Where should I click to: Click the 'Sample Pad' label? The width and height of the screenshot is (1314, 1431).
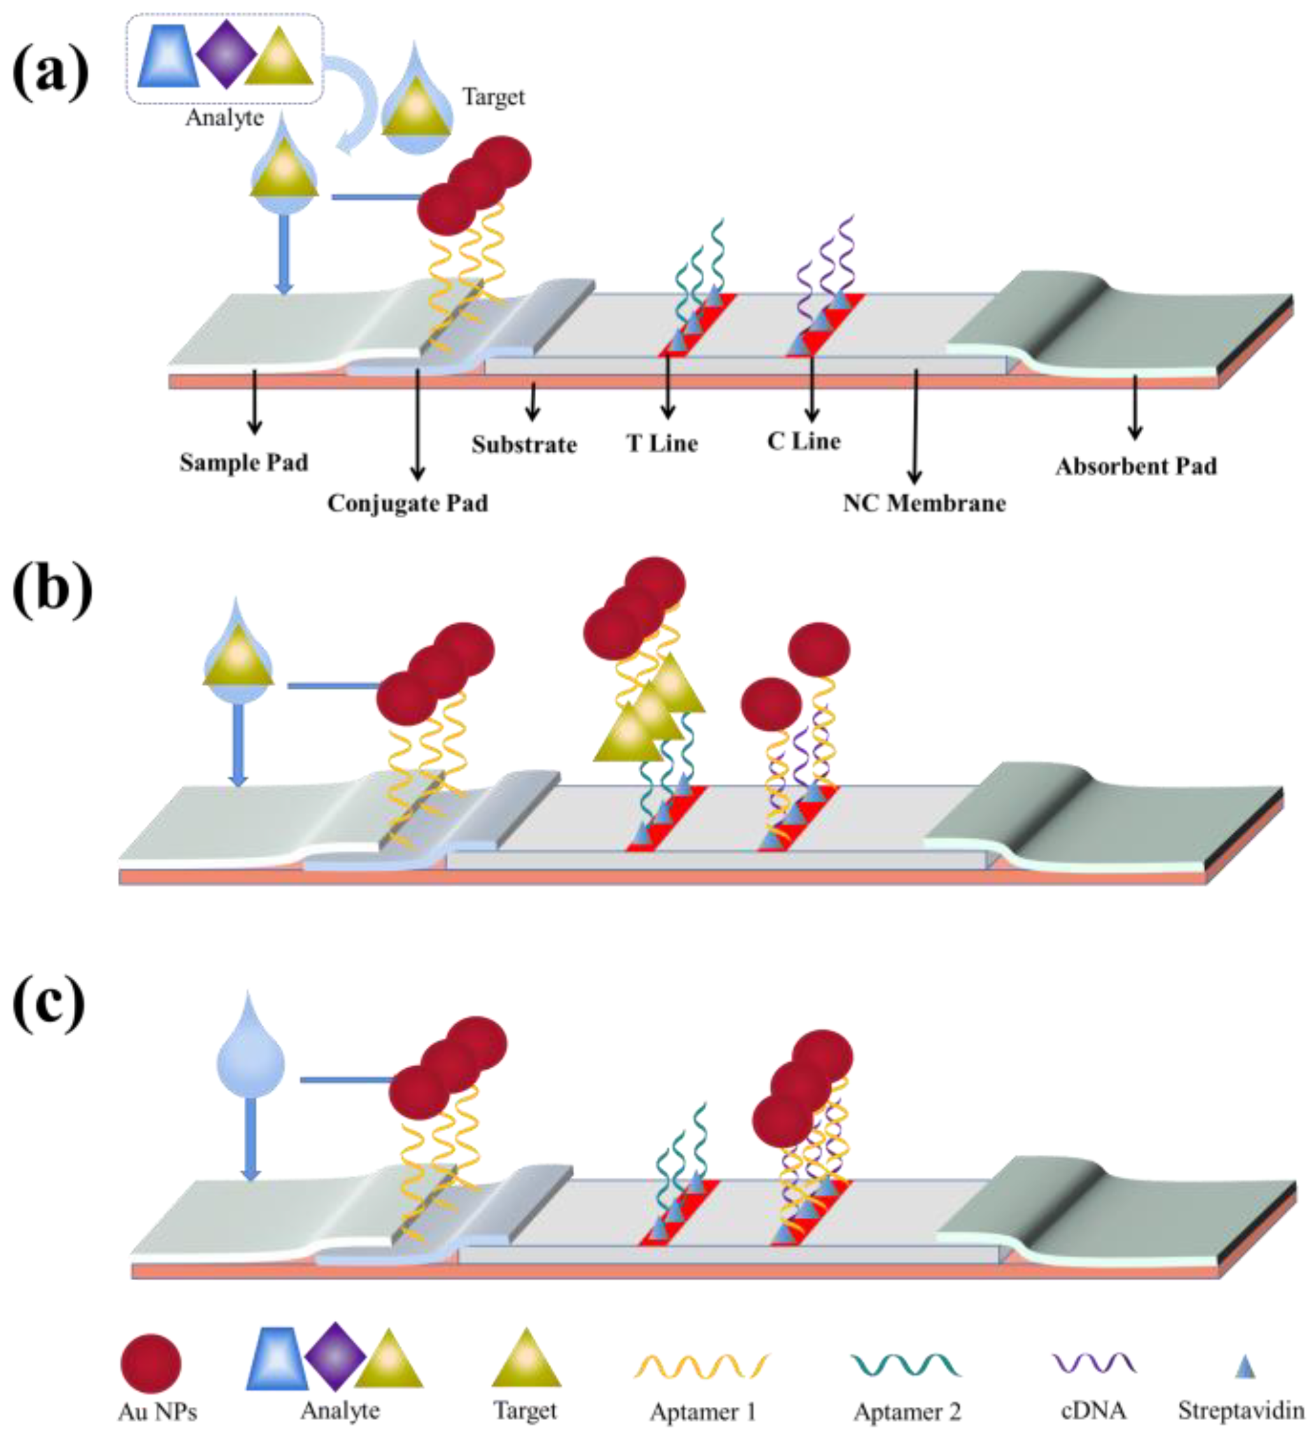[x=244, y=463]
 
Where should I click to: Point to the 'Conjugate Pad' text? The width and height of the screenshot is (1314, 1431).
[x=407, y=504]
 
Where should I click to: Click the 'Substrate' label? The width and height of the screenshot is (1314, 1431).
[x=524, y=445]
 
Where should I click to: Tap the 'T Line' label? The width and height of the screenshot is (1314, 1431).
[x=662, y=444]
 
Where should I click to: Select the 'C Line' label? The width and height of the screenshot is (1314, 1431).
[x=803, y=441]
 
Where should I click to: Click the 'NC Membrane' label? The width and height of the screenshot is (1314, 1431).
[x=924, y=504]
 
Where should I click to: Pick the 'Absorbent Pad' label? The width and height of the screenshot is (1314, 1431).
[x=1136, y=467]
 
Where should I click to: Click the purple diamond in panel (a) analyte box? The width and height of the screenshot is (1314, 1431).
[x=225, y=54]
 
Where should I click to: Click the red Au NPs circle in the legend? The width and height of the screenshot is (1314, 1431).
[x=151, y=1364]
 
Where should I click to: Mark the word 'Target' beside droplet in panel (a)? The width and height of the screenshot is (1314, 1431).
[x=493, y=97]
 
